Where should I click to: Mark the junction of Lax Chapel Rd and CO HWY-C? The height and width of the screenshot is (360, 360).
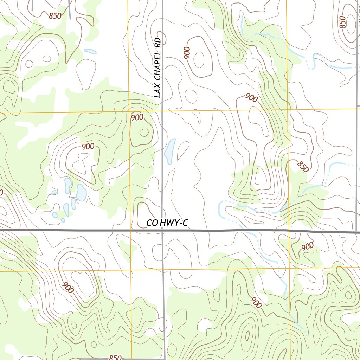(162, 231)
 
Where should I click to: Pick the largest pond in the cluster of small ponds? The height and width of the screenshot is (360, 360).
(82, 193)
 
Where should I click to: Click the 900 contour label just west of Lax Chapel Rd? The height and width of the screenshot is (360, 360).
(137, 117)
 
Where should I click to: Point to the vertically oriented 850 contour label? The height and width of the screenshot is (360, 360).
(343, 22)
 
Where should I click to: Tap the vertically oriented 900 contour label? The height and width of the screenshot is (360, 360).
(186, 53)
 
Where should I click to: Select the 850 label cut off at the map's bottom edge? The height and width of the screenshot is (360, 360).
(115, 358)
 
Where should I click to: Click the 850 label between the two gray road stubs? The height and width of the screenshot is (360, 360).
(55, 15)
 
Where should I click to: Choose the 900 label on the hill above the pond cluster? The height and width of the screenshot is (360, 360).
(88, 147)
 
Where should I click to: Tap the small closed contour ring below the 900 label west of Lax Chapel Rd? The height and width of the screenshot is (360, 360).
(144, 133)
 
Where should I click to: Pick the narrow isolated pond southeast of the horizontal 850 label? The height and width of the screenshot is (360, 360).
(90, 51)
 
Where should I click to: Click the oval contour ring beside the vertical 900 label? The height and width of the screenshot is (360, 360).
(199, 59)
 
